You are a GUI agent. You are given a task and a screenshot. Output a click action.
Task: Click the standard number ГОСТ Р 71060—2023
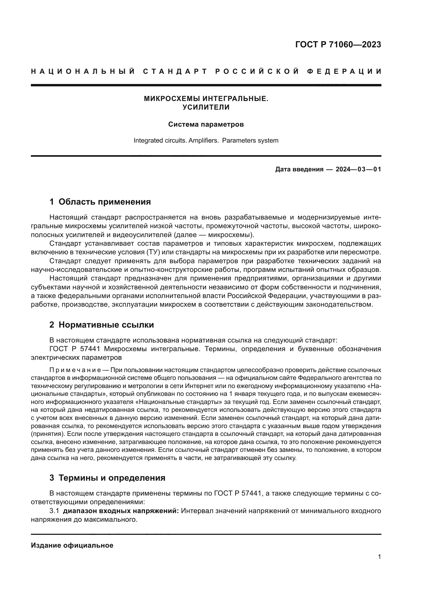click(x=338, y=44)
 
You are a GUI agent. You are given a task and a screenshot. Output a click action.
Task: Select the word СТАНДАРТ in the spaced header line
click(x=175, y=71)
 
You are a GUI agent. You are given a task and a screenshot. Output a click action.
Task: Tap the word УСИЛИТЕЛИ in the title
click(x=206, y=108)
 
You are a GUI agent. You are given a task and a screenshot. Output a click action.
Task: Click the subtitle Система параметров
click(x=206, y=125)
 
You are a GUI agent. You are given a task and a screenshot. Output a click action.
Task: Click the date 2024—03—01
click(x=358, y=169)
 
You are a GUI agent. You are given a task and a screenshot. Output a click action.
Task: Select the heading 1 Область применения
click(x=100, y=202)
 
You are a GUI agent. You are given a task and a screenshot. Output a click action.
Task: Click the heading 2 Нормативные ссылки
click(x=102, y=325)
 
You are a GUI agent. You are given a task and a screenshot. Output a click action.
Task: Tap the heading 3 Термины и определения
click(x=107, y=478)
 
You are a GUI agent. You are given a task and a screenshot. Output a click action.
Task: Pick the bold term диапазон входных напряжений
click(x=121, y=511)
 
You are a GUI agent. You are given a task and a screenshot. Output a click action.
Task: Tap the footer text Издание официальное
click(x=72, y=545)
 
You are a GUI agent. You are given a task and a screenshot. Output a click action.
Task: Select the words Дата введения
click(x=299, y=169)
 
